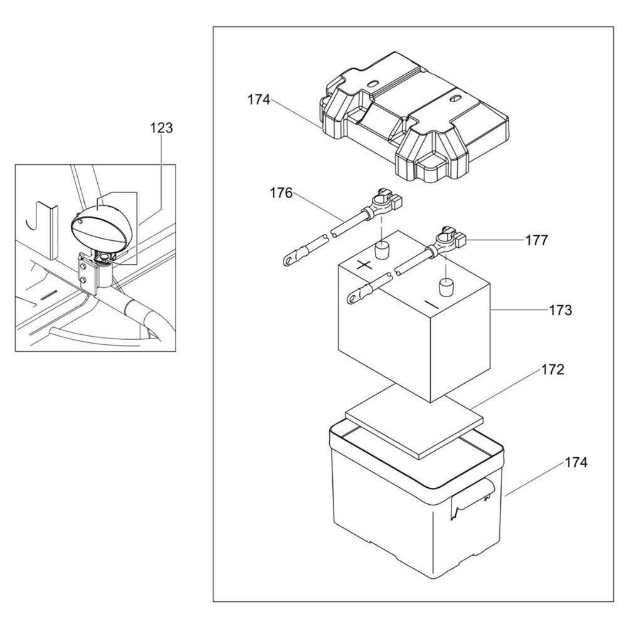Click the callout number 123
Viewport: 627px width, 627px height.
coord(162,128)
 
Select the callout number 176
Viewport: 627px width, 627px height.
coord(281,193)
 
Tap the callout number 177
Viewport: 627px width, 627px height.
coord(536,240)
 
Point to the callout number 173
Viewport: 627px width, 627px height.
coord(560,310)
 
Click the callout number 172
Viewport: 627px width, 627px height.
coord(552,370)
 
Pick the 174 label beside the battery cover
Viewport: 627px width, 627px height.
coord(259,100)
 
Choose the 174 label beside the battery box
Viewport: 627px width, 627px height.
coord(576,463)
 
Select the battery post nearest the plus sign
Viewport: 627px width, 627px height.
coord(382,250)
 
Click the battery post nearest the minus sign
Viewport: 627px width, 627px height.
coord(446,287)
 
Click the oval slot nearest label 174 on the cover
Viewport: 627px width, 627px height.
coord(372,85)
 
